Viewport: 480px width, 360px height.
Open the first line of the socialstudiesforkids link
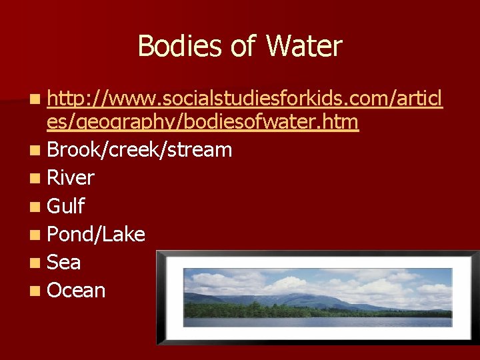245,101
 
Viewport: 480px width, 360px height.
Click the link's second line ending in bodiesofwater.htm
203,122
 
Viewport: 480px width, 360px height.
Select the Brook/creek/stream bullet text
140,150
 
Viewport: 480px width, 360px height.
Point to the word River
71,178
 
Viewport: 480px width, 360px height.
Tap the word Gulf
66,206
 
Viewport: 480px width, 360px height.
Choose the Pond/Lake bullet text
97,234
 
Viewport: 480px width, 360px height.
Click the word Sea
64,262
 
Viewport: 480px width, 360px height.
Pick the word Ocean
77,290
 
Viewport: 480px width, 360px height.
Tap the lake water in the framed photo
313,321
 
